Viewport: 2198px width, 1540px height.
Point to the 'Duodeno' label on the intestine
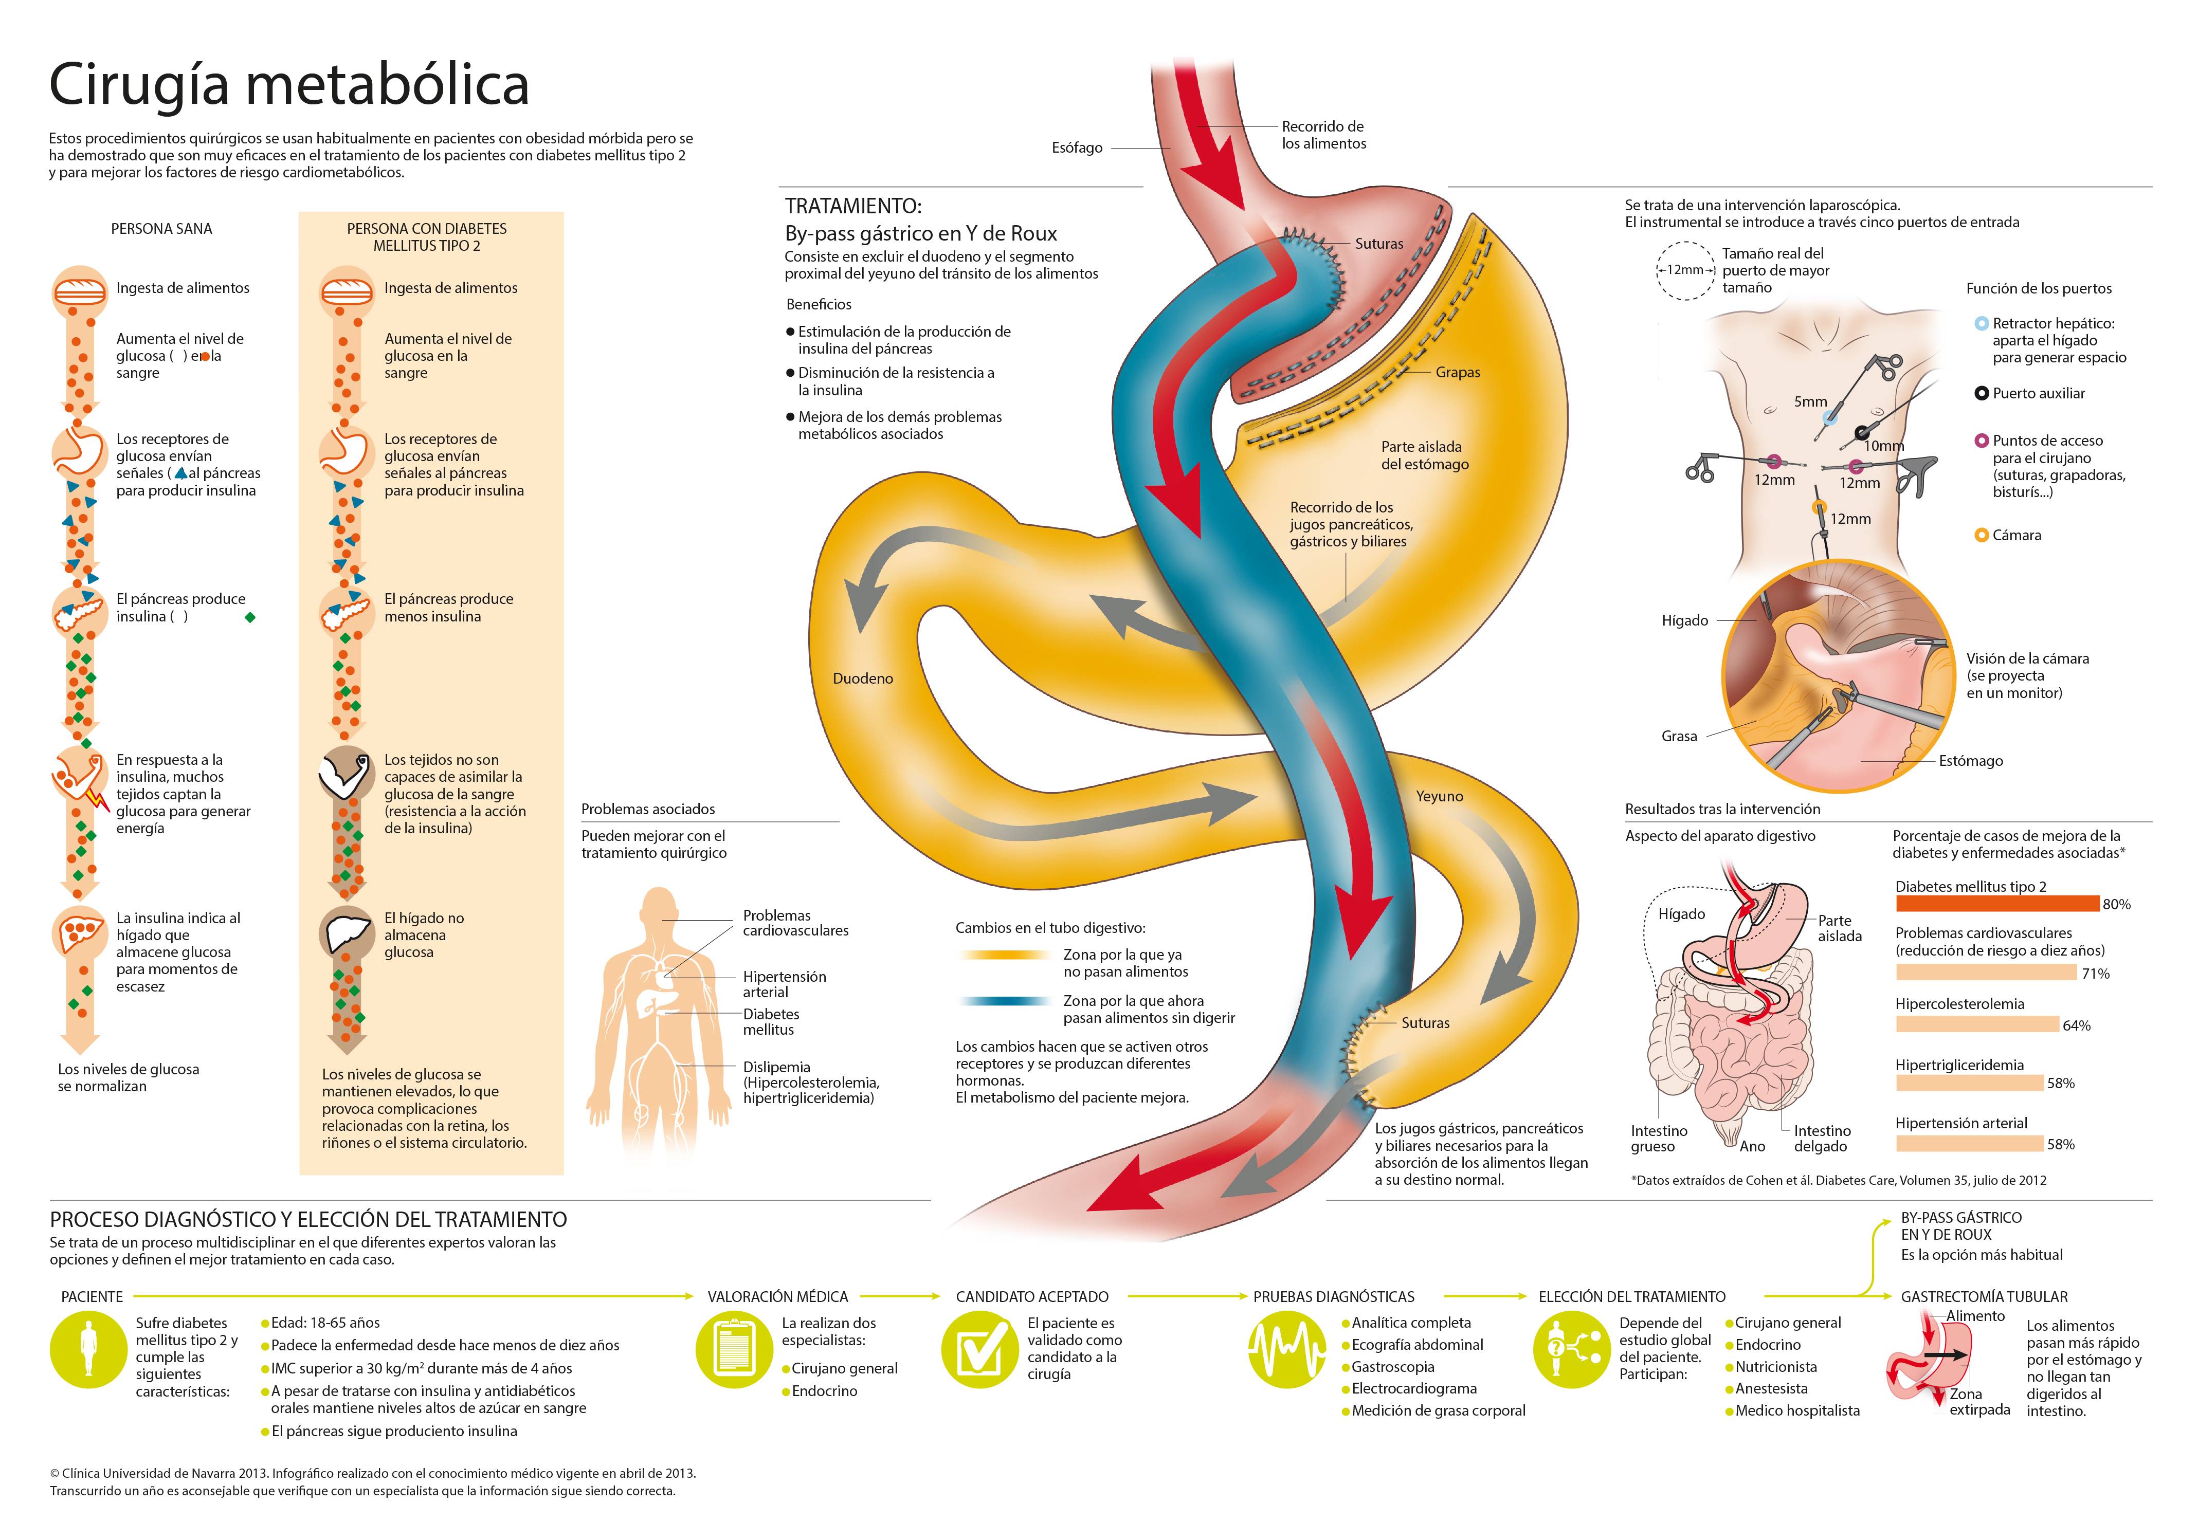click(x=863, y=679)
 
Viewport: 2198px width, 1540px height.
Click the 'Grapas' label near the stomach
click(x=1457, y=372)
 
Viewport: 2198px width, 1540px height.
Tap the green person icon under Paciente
click(x=88, y=1349)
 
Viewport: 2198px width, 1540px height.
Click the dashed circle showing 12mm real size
click(x=1685, y=270)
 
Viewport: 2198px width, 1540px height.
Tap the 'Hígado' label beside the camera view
click(x=1685, y=620)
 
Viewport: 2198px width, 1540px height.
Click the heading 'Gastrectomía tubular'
click(x=1984, y=1297)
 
